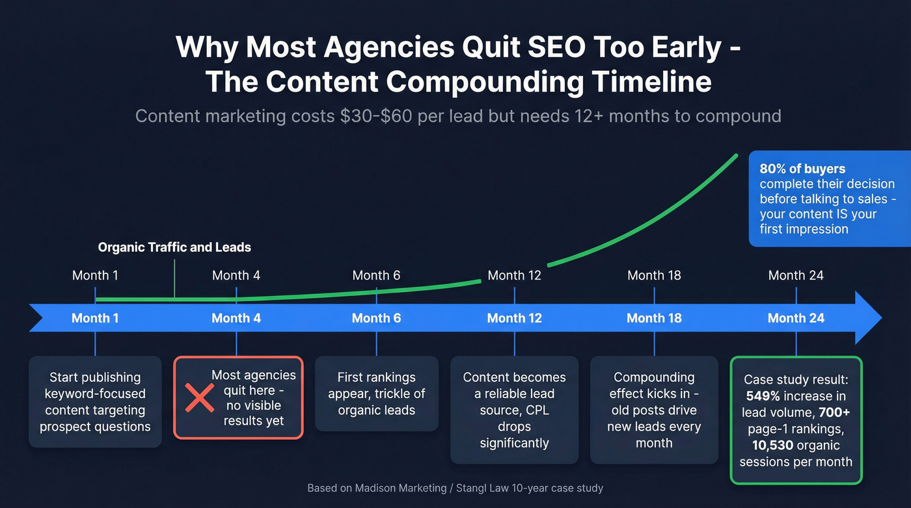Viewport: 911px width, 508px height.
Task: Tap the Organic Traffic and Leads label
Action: (174, 247)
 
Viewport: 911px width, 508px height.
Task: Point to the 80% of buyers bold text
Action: (802, 168)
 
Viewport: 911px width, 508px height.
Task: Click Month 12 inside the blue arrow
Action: (514, 318)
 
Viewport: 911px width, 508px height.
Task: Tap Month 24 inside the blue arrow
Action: (796, 318)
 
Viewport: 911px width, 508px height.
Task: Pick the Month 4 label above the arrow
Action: (236, 275)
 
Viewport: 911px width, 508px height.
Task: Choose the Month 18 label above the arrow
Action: (654, 275)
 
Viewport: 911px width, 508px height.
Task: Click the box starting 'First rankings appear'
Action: (377, 394)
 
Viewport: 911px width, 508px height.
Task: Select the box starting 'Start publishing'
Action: (95, 402)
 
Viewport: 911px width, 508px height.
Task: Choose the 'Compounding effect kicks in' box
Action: (654, 410)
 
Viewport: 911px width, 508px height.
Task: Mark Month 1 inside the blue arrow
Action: (95, 318)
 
